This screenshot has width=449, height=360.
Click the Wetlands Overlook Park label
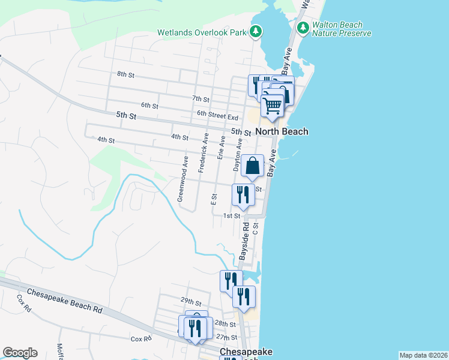tap(202, 32)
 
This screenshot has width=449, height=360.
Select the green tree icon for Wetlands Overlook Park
tap(256, 31)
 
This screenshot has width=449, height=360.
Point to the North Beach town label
tap(282, 131)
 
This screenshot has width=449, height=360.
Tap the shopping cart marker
tap(273, 106)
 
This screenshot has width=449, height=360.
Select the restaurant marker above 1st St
tap(243, 194)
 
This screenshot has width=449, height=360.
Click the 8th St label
tap(125, 74)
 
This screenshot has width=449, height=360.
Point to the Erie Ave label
tap(221, 148)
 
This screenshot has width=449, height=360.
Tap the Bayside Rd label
tap(245, 241)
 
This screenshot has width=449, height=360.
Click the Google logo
tap(20, 353)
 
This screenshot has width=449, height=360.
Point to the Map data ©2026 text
tap(423, 355)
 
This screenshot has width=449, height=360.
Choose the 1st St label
tap(232, 216)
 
